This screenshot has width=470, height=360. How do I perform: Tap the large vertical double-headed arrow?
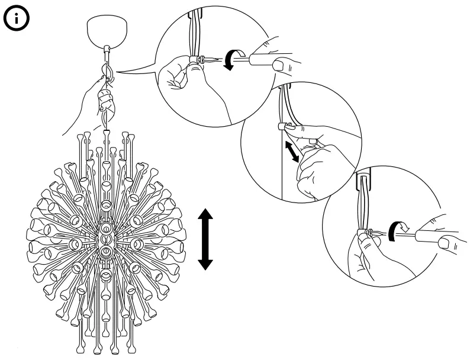(x=205, y=239)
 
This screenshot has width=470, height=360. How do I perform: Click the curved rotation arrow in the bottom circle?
(x=397, y=228)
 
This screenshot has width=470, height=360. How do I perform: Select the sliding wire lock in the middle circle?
(x=282, y=125)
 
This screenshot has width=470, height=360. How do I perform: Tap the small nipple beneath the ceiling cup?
(x=107, y=49)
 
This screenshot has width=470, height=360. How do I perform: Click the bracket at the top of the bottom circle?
(x=363, y=176)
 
